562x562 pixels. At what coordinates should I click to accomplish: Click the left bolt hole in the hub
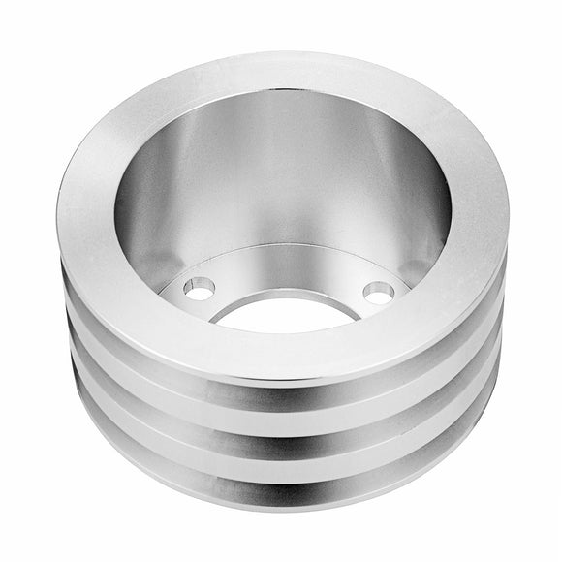tap(202, 287)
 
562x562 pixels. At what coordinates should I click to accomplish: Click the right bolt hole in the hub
tap(378, 292)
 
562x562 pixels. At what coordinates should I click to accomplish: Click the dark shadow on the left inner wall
tap(136, 223)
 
